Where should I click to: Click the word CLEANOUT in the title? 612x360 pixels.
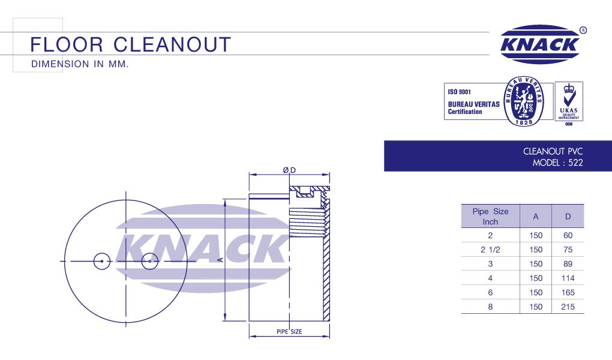pyautogui.click(x=172, y=44)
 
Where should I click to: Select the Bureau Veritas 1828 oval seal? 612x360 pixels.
pyautogui.click(x=523, y=101)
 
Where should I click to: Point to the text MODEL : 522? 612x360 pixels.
pyautogui.click(x=558, y=163)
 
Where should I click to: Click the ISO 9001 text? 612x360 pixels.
pyautogui.click(x=460, y=92)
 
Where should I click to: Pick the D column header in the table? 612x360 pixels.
pyautogui.click(x=568, y=217)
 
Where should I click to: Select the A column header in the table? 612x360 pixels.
pyautogui.click(x=535, y=217)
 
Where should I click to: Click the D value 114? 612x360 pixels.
pyautogui.click(x=568, y=278)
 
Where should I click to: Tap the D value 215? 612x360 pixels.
pyautogui.click(x=568, y=307)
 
